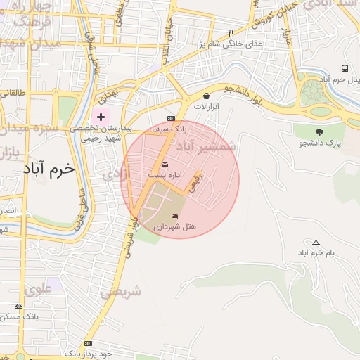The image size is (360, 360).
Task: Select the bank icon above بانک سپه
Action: point(171,118)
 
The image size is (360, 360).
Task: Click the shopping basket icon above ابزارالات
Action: point(206,96)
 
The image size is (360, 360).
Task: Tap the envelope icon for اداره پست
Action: point(165,164)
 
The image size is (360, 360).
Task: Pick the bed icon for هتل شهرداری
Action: point(174,216)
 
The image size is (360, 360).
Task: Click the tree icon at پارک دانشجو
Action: point(319,132)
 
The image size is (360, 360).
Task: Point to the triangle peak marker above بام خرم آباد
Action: point(315,242)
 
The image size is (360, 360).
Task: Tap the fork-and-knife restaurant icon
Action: point(231,33)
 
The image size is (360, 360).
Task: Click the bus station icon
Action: point(345,68)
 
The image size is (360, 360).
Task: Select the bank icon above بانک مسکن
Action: point(18,306)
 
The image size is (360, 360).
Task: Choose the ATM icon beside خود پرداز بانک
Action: point(88,343)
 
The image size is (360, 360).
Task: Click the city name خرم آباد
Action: point(48,169)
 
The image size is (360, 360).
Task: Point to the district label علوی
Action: point(38,288)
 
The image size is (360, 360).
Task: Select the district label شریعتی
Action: point(121,291)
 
